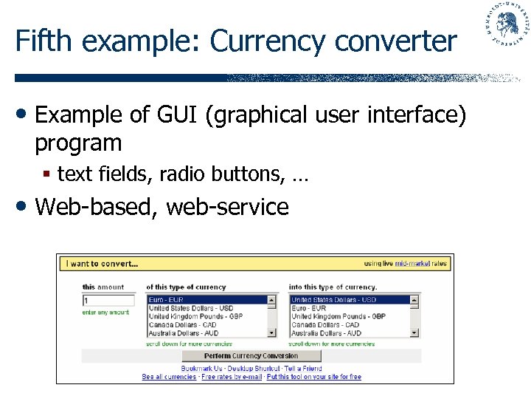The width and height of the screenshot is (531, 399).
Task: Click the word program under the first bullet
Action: point(78,143)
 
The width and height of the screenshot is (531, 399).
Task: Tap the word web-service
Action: point(227,207)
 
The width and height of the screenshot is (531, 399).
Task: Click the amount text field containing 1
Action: point(108,301)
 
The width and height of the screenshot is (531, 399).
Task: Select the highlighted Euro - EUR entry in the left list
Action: point(167,300)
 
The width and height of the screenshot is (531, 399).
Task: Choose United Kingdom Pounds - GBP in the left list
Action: point(195,316)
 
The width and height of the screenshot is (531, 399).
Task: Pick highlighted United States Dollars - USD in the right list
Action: point(333,300)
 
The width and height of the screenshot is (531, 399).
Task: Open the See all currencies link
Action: point(169,377)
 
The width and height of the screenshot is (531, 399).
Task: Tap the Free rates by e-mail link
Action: point(232,377)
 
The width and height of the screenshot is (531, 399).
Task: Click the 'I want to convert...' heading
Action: point(103,263)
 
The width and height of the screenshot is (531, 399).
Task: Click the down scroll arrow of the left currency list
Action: point(271,333)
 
